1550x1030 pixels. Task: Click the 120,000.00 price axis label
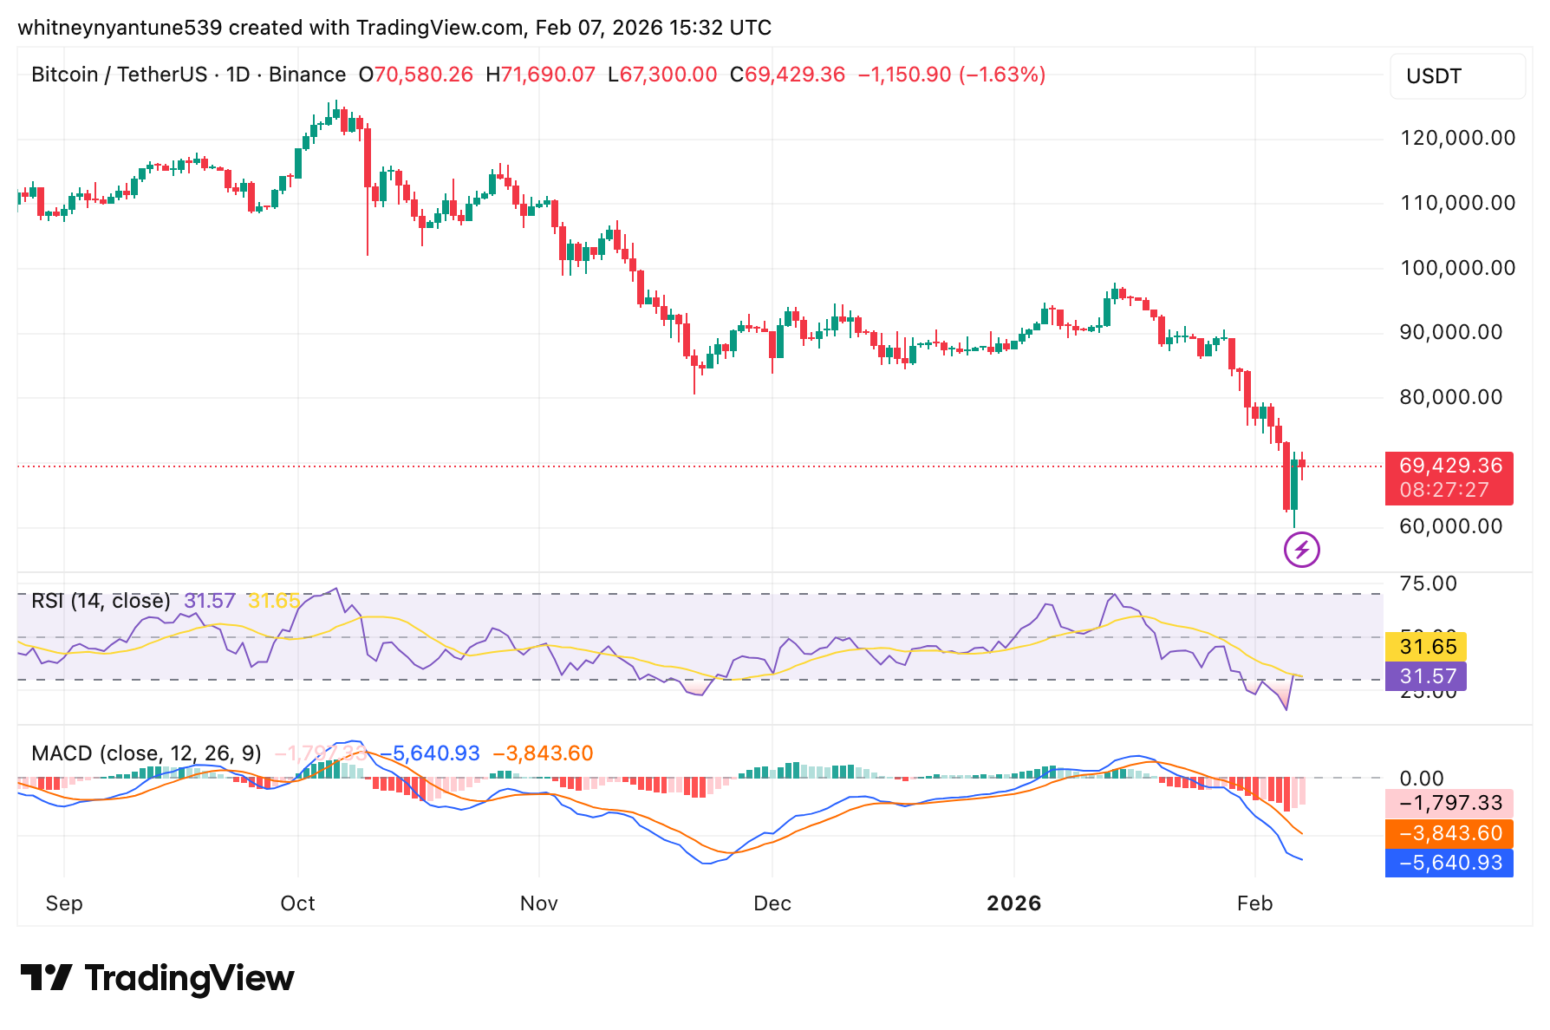(1457, 139)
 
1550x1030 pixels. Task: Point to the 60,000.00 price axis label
(1450, 526)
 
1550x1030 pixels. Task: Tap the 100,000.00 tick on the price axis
(1457, 268)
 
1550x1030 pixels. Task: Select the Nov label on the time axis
(538, 903)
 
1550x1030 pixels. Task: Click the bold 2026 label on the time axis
(1013, 903)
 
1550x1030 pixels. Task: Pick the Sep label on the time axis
(64, 903)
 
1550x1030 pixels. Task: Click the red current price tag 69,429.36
(1449, 466)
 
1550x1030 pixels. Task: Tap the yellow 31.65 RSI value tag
(1426, 647)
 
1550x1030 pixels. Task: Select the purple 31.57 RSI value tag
(1426, 675)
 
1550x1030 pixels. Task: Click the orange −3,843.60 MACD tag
(1449, 833)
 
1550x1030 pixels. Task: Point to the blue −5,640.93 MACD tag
(1449, 863)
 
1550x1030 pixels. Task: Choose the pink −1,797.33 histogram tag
(1449, 804)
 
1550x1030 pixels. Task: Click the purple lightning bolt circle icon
(1301, 550)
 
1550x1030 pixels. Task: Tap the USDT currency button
(1456, 76)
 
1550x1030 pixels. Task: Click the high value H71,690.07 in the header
(540, 75)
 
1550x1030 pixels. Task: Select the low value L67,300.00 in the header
(662, 75)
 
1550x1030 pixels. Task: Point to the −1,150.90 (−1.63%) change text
(951, 75)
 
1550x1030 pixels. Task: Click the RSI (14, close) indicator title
(101, 601)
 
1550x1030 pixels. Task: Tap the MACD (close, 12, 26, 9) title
(146, 753)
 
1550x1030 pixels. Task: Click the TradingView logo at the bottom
(158, 978)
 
